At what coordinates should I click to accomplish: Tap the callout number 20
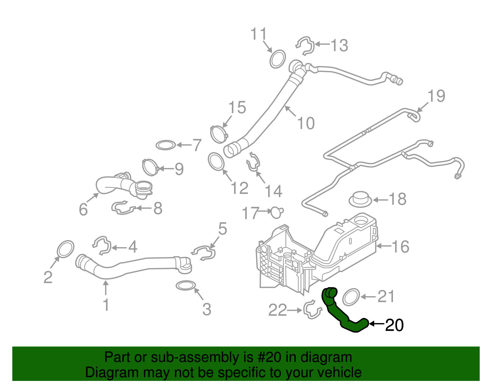point(394,325)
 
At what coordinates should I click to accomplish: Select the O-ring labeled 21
point(351,297)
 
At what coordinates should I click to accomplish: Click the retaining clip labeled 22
point(312,310)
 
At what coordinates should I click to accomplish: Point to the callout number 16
point(400,247)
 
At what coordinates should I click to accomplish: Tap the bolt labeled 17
point(276,212)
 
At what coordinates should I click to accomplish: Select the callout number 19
point(436,96)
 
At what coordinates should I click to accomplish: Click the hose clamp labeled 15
point(219,134)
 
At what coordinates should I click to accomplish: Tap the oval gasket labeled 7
point(166,145)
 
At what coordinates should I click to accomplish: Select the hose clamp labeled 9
point(150,167)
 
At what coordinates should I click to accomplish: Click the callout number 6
point(83,210)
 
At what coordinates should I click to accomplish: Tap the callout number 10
point(306,123)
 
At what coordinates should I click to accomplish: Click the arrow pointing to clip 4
point(118,247)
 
